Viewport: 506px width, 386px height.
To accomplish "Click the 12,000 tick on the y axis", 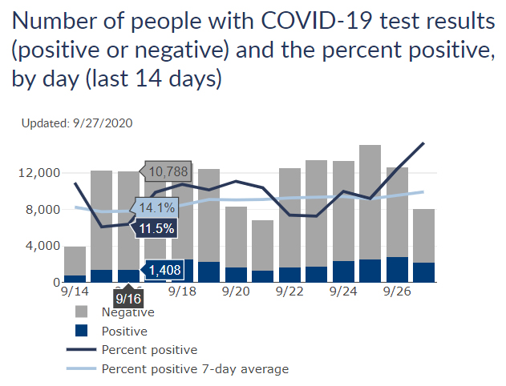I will coord(37,173).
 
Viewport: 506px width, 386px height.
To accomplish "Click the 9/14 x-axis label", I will coord(75,294).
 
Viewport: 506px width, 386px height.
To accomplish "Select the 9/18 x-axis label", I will coord(182,294).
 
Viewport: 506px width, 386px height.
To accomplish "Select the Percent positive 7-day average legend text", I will coord(195,368).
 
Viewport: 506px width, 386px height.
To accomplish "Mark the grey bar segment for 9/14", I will coord(75,260).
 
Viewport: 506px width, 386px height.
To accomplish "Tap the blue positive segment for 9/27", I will coord(423,272).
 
